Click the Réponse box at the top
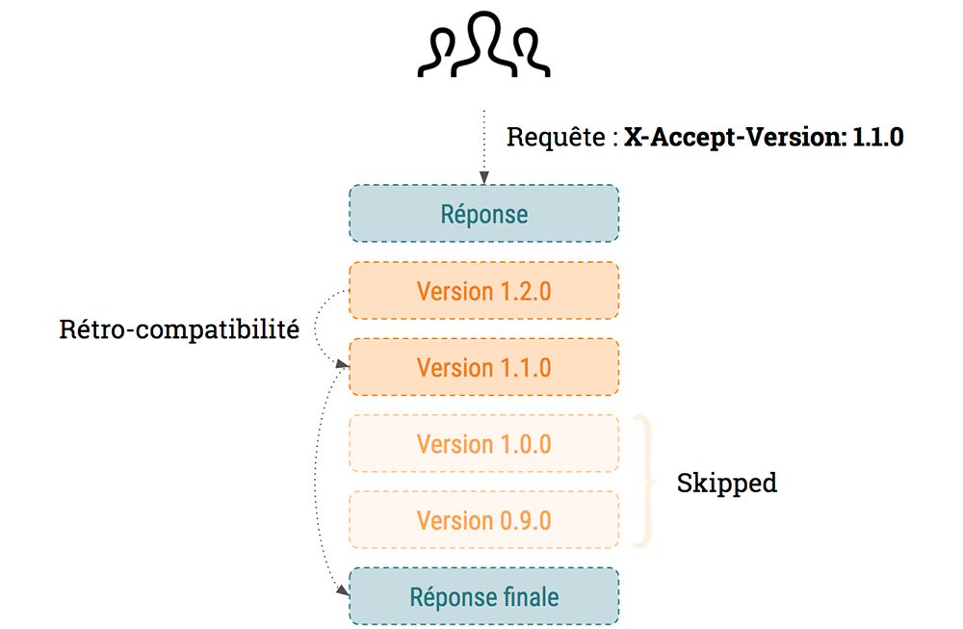click(x=483, y=213)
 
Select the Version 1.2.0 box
click(x=483, y=290)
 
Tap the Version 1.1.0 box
click(x=483, y=367)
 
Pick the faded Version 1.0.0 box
click(x=483, y=443)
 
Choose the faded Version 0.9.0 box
click(x=483, y=520)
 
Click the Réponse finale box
click(x=483, y=596)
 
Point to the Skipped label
click(x=726, y=482)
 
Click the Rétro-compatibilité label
click(x=179, y=330)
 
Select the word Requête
click(x=555, y=137)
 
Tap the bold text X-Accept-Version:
click(x=732, y=137)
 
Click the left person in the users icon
click(x=440, y=52)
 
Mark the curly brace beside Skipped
click(x=647, y=482)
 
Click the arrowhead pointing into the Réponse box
click(x=483, y=177)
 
